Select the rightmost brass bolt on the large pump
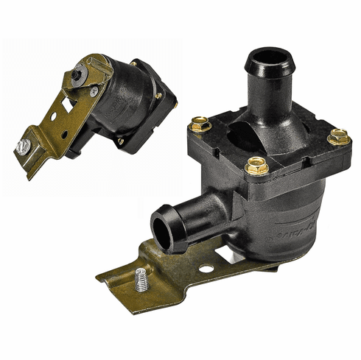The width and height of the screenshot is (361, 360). [x=339, y=136]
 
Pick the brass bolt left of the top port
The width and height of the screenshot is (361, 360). [x=200, y=125]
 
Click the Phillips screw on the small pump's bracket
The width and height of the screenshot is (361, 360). [x=94, y=91]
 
